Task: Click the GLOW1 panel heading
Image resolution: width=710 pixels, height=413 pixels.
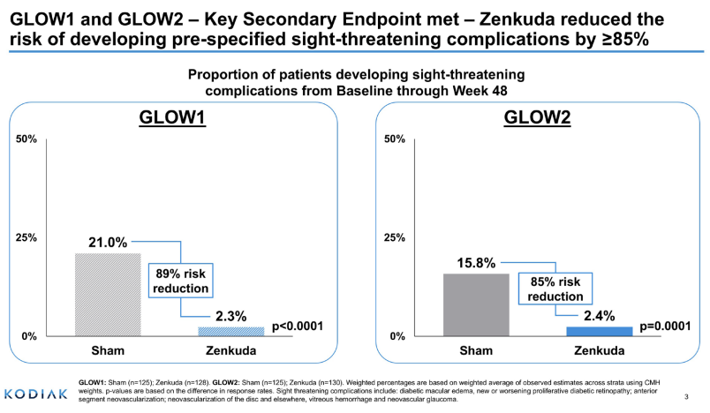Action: tap(173, 118)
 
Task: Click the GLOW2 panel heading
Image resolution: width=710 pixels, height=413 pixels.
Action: tap(537, 118)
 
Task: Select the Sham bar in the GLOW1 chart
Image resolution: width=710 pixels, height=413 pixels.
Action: tap(108, 294)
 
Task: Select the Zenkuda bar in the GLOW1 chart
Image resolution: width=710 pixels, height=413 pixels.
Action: tap(230, 331)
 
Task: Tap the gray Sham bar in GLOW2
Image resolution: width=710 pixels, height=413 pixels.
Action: tap(476, 304)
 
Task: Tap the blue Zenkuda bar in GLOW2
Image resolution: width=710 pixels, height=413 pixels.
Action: tap(599, 331)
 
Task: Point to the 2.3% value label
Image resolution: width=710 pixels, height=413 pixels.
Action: tap(230, 315)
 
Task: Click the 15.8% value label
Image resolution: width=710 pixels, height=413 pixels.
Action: tap(476, 263)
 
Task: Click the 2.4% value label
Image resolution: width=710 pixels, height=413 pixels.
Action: tap(599, 315)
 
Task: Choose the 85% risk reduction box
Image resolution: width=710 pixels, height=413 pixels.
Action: tap(555, 289)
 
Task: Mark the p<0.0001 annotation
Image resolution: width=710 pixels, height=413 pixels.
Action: tap(298, 327)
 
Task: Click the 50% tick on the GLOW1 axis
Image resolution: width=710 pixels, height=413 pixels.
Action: tap(28, 139)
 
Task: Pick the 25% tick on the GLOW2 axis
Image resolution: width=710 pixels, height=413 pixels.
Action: tap(394, 237)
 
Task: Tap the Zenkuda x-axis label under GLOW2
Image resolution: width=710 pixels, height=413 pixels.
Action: tap(599, 351)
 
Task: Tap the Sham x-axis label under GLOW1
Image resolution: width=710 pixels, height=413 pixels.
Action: tap(108, 351)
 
